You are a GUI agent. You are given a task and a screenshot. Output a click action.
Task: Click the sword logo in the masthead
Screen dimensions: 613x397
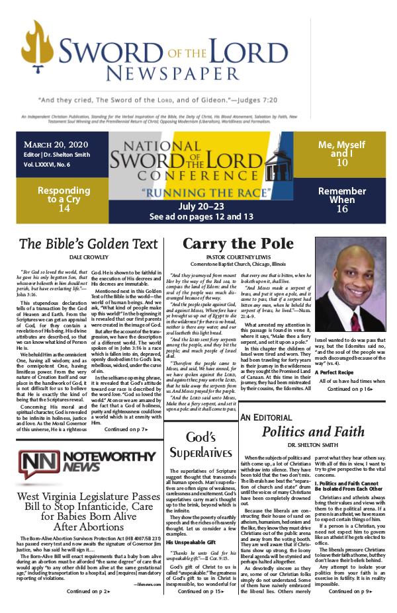click(46, 54)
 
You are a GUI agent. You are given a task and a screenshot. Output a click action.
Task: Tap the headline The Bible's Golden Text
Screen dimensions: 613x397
click(88, 243)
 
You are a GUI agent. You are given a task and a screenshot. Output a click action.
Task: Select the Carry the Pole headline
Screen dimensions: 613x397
click(239, 243)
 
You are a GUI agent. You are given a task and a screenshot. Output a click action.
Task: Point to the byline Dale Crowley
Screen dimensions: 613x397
click(88, 257)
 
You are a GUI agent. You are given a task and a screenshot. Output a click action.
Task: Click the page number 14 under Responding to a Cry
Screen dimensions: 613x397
click(64, 208)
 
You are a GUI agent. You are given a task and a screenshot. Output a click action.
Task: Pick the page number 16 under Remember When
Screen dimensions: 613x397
click(342, 209)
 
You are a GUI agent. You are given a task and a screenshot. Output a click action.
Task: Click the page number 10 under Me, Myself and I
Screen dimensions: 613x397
click(342, 163)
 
